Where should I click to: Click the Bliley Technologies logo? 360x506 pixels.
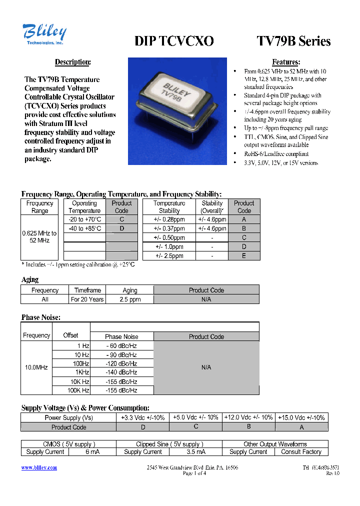point(44,35)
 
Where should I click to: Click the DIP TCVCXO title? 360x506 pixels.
point(174,41)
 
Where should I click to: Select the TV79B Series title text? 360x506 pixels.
point(293,41)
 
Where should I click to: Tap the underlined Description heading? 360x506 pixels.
point(72,62)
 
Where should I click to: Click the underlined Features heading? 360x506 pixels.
point(286,62)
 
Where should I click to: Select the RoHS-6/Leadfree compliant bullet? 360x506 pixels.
point(276,154)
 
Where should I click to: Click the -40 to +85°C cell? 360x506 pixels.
point(84,228)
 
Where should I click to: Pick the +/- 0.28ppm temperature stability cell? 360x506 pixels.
point(169,219)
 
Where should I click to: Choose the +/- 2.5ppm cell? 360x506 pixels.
point(169,255)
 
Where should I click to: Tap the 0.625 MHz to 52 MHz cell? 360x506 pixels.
point(39,237)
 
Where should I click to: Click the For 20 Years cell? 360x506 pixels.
point(87,299)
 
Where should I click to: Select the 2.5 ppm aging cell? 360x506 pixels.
point(130,299)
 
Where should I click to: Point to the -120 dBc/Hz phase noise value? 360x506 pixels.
point(121,363)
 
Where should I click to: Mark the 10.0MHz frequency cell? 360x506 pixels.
point(36,367)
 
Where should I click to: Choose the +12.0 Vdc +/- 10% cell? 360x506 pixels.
point(248,417)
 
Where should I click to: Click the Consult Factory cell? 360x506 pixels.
point(301,452)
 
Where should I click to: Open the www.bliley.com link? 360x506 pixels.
point(39,467)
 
